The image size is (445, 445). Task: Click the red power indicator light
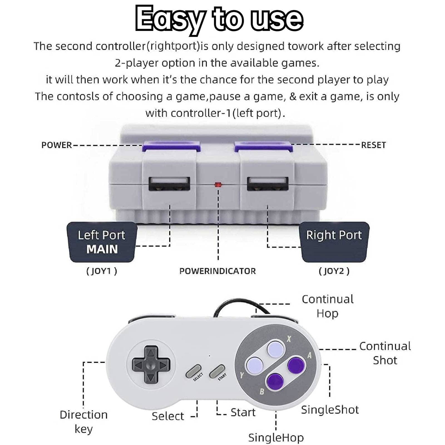(218, 184)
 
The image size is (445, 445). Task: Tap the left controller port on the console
(169, 184)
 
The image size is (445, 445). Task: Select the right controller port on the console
(268, 184)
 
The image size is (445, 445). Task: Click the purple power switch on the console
(171, 146)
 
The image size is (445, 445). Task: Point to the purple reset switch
(264, 146)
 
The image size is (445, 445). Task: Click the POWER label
(56, 145)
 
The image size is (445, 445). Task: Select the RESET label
(374, 145)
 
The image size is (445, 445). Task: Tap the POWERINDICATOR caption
(217, 271)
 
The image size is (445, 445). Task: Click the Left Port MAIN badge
(102, 242)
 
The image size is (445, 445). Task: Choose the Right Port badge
(334, 242)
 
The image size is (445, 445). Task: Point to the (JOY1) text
(102, 271)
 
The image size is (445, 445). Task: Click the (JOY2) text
(334, 271)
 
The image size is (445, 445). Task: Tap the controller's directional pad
(151, 364)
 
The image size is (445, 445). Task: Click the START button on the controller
(217, 371)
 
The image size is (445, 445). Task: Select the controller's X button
(276, 349)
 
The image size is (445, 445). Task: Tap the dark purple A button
(296, 365)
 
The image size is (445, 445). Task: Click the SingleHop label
(276, 437)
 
